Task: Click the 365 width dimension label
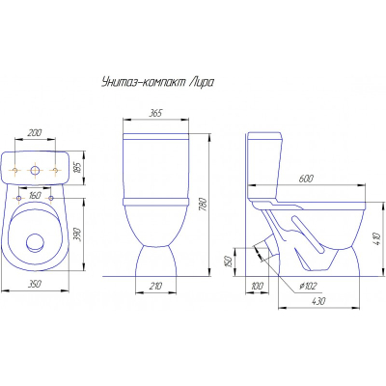click(x=155, y=113)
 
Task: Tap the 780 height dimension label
click(x=204, y=204)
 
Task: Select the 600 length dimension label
click(x=306, y=179)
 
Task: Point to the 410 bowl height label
click(x=380, y=238)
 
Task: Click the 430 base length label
click(x=318, y=301)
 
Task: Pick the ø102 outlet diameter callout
click(x=308, y=286)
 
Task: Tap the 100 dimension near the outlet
click(x=257, y=286)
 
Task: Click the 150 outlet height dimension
click(x=228, y=262)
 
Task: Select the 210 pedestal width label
click(x=155, y=286)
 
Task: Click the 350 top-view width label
click(x=35, y=284)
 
